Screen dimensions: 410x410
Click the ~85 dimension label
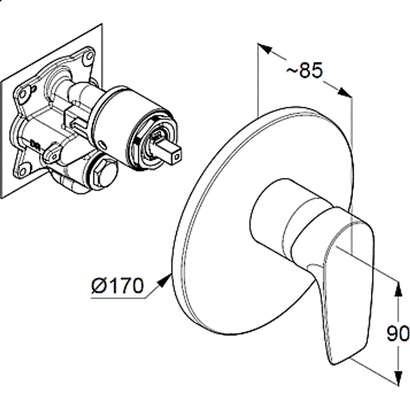point(305,70)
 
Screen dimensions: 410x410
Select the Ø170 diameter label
point(118,285)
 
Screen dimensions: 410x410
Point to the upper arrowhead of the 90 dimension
point(398,289)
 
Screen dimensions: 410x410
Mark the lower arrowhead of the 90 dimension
point(398,378)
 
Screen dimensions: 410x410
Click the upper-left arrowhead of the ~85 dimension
point(265,49)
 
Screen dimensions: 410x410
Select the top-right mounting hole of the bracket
point(89,56)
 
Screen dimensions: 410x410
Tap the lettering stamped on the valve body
point(35,145)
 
